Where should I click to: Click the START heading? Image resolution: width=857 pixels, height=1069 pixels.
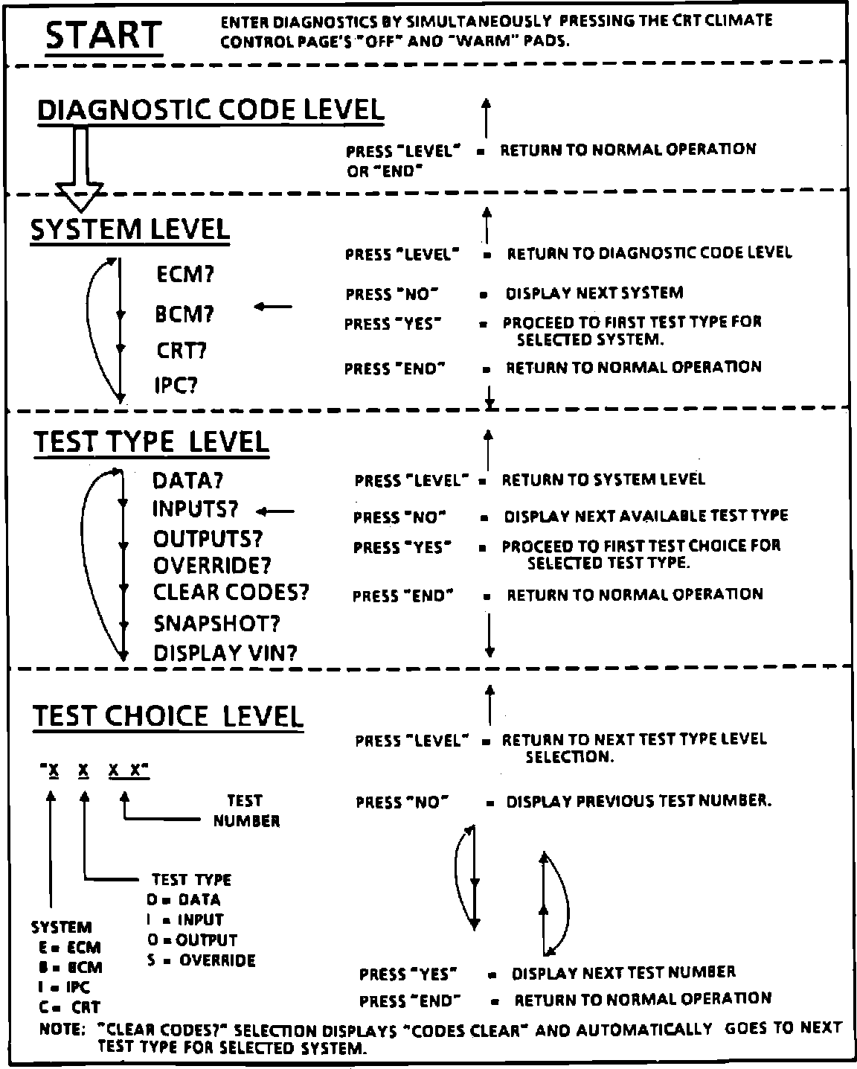point(103,35)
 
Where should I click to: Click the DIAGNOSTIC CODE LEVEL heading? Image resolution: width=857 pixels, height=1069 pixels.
point(211,110)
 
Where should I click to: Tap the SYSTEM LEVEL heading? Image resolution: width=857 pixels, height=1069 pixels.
point(130,229)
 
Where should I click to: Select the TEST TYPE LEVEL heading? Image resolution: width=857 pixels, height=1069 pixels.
point(151,442)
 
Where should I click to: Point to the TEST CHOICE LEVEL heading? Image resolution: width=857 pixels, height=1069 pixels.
point(168,716)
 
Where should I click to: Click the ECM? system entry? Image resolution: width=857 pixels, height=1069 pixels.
point(185,275)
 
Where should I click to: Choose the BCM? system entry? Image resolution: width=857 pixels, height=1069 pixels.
point(184,314)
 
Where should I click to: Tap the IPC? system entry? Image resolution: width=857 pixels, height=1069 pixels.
point(176,386)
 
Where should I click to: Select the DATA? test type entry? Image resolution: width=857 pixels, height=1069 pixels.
point(188,481)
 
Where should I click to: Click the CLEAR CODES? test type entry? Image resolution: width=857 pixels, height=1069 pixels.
point(231,593)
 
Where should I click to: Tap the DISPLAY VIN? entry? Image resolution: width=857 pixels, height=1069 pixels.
point(225,654)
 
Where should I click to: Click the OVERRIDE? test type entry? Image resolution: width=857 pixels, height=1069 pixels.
point(212,566)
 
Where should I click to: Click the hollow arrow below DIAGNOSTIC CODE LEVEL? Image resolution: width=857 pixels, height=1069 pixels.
point(81,171)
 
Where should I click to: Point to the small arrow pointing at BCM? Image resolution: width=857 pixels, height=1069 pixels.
point(273,306)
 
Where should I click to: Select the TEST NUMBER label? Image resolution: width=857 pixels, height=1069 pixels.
point(246,811)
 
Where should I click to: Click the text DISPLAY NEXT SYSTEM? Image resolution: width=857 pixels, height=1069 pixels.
point(594,293)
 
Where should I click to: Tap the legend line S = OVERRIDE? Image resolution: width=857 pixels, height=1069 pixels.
point(201,960)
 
